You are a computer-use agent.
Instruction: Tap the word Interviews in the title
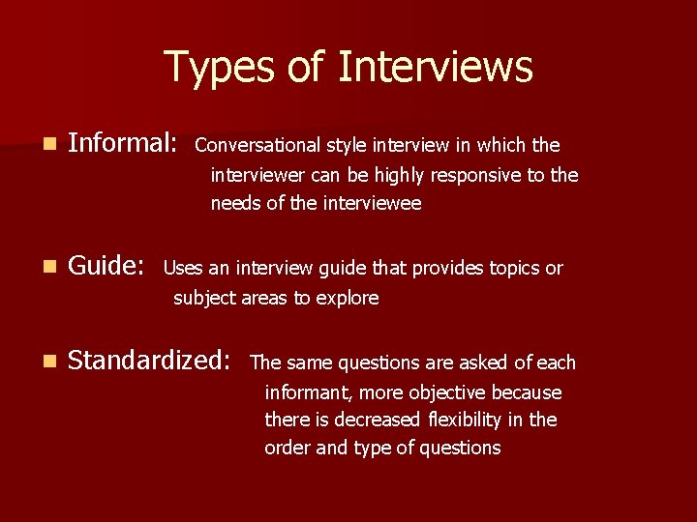(x=436, y=68)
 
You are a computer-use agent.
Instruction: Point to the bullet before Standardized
(x=49, y=362)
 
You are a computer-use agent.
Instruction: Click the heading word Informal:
(x=123, y=144)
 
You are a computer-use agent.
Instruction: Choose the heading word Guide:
(x=107, y=266)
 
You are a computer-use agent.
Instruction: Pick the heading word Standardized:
(x=150, y=361)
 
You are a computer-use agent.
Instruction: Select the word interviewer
(x=256, y=176)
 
